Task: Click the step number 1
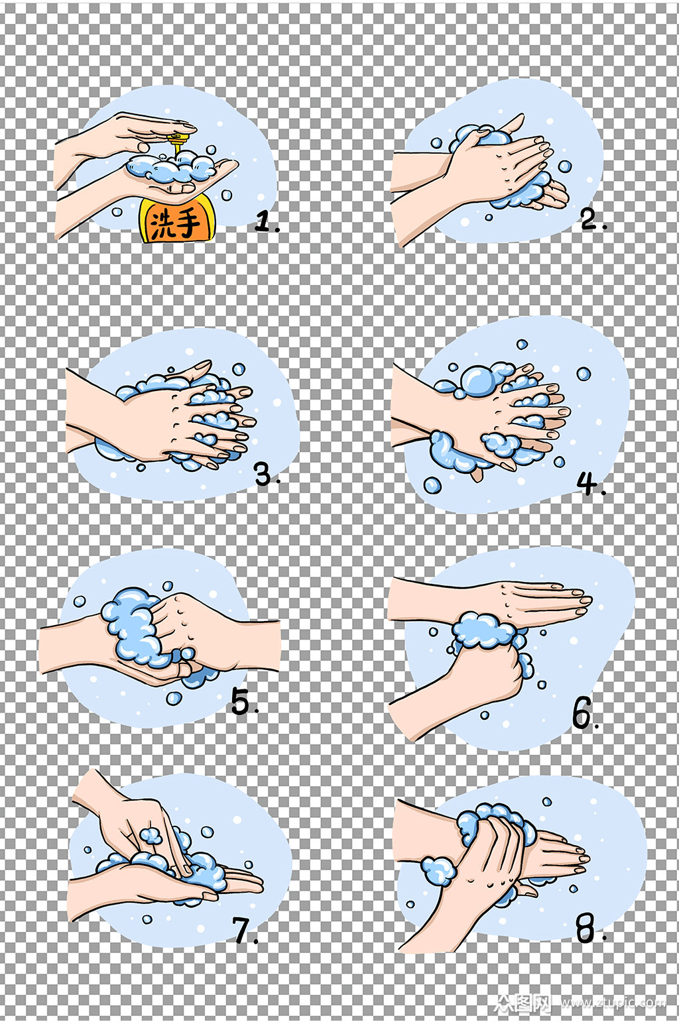coord(264,222)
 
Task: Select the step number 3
coord(263,474)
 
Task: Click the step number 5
coord(241,702)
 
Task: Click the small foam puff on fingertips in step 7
coord(151,835)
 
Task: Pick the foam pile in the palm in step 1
coord(171,167)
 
